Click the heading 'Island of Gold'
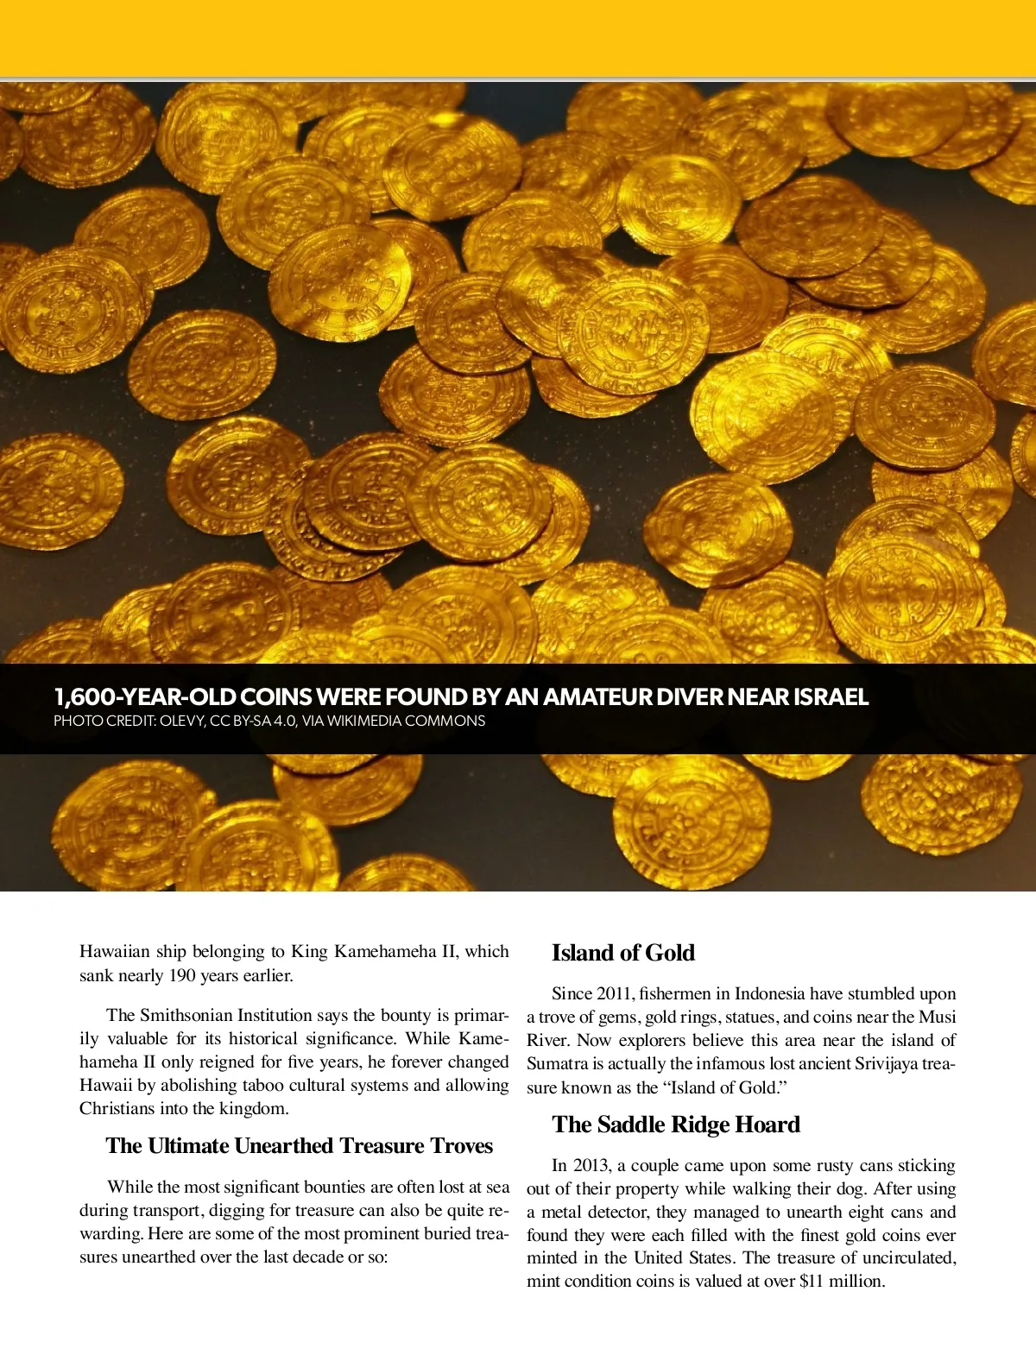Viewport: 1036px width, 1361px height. tap(622, 953)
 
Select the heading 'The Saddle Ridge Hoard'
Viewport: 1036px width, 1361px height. tap(676, 1125)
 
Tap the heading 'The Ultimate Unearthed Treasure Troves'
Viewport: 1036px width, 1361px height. tap(299, 1146)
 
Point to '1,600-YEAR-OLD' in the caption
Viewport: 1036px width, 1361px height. tap(144, 697)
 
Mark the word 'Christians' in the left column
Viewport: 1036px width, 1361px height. tap(120, 1109)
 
